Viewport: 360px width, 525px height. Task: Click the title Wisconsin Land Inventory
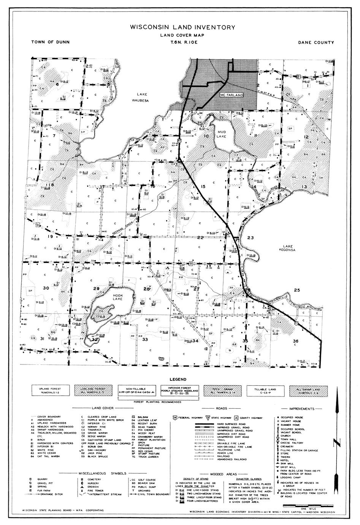(180, 27)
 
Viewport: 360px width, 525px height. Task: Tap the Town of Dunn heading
(51, 42)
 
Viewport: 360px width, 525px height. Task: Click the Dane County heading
(316, 42)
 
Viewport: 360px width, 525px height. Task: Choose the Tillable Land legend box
(265, 390)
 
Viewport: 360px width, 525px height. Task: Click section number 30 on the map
(46, 288)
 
